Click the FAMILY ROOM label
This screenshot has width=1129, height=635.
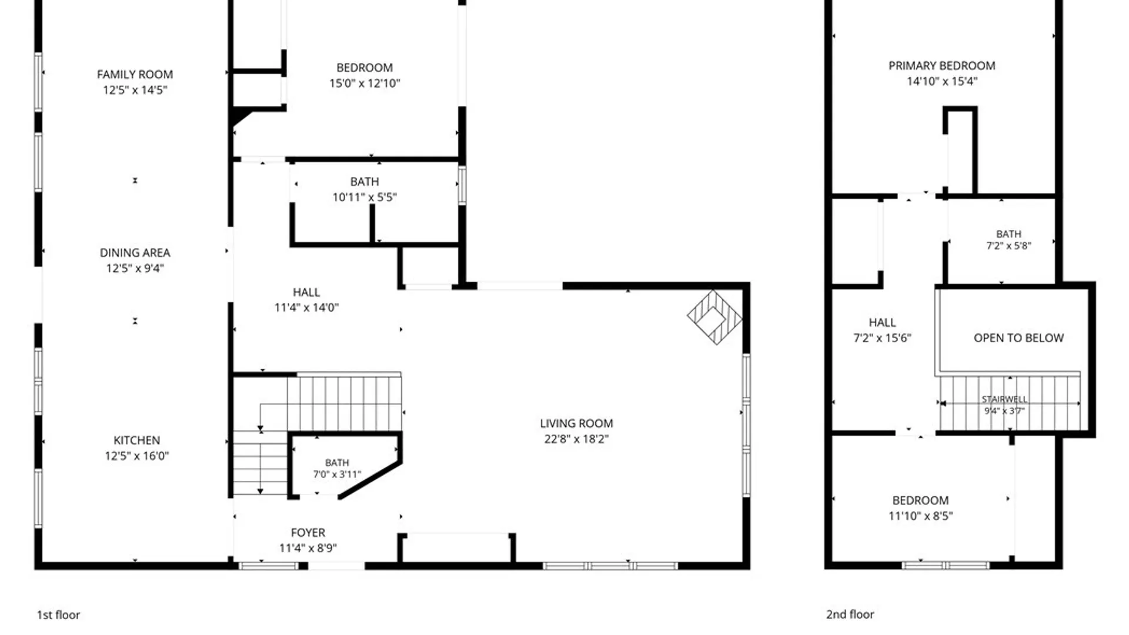pyautogui.click(x=135, y=75)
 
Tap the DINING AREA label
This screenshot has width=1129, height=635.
pyautogui.click(x=135, y=253)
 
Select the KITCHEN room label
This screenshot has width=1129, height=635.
pyautogui.click(x=136, y=440)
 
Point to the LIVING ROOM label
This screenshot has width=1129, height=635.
pyautogui.click(x=576, y=423)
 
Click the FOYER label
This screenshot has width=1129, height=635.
pyautogui.click(x=308, y=533)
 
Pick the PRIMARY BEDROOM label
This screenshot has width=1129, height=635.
pyautogui.click(x=941, y=66)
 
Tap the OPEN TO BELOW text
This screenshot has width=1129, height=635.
pyautogui.click(x=1018, y=338)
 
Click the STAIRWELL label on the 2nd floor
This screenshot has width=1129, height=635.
pyautogui.click(x=1004, y=399)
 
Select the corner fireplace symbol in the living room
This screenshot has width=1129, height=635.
pyautogui.click(x=714, y=317)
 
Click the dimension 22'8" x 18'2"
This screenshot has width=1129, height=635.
pyautogui.click(x=576, y=439)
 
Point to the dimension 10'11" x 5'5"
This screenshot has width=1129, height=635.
pyautogui.click(x=365, y=198)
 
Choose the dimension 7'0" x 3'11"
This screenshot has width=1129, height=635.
pyautogui.click(x=337, y=474)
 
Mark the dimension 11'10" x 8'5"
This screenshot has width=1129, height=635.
pyautogui.click(x=920, y=516)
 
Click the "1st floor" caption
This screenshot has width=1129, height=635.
pyautogui.click(x=58, y=615)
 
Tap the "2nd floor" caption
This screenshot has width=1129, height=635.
pyautogui.click(x=850, y=614)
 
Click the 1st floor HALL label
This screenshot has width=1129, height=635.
pyautogui.click(x=306, y=292)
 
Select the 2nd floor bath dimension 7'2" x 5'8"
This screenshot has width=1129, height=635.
pyautogui.click(x=1008, y=246)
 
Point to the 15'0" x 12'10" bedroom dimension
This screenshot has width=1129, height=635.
pyautogui.click(x=365, y=83)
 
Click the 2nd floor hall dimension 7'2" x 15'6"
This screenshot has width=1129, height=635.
pyautogui.click(x=882, y=338)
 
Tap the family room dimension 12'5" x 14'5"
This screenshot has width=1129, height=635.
pyautogui.click(x=135, y=90)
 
